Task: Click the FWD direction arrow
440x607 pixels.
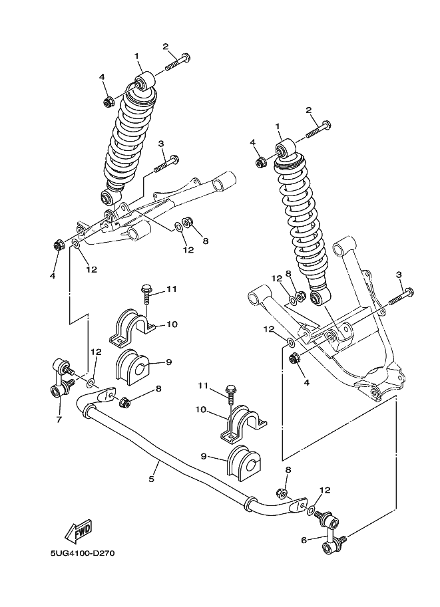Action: (78, 531)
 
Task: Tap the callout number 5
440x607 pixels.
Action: (152, 478)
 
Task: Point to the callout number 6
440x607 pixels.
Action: (304, 540)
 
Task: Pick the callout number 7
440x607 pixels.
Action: (59, 420)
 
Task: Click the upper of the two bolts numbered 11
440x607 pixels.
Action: (147, 293)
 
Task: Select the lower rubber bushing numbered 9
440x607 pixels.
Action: (244, 464)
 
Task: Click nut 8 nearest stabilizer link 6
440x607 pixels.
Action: (282, 493)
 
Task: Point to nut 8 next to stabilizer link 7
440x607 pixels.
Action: (123, 402)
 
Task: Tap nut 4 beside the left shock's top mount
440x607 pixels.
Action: (107, 102)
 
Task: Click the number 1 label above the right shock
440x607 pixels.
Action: (277, 126)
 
